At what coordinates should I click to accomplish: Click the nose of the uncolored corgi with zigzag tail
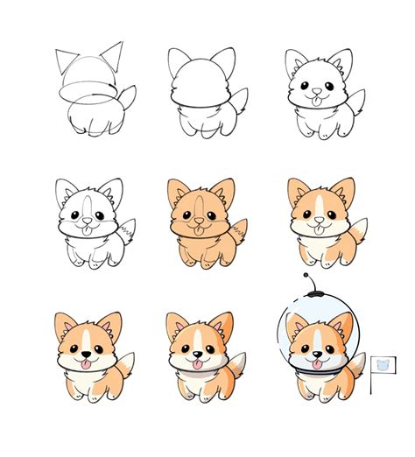pyautogui.click(x=85, y=218)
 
